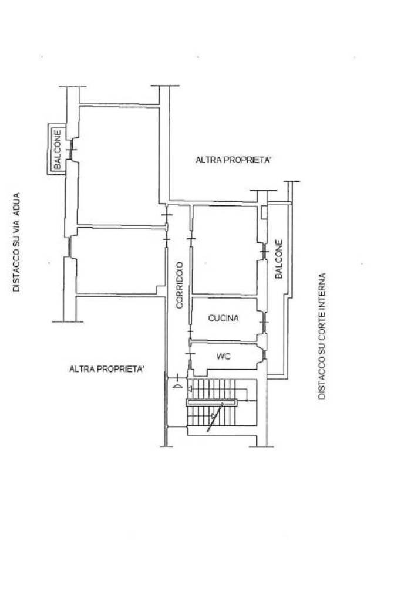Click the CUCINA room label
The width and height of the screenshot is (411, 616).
click(223, 319)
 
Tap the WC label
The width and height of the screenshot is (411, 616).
click(223, 356)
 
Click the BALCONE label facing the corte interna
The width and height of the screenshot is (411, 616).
click(279, 259)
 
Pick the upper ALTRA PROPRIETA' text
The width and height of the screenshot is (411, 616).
click(233, 160)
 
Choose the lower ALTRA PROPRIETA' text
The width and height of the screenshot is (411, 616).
click(107, 369)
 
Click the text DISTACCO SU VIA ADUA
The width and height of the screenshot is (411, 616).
click(16, 242)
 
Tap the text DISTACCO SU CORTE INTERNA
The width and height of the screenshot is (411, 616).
click(321, 336)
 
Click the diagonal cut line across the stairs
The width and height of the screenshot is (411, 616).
click(216, 418)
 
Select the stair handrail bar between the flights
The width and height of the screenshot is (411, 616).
click(211, 402)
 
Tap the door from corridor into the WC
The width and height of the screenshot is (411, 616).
click(190, 355)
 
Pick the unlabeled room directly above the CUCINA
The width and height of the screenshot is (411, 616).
click(224, 249)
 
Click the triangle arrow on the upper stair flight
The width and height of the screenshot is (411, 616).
click(191, 389)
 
